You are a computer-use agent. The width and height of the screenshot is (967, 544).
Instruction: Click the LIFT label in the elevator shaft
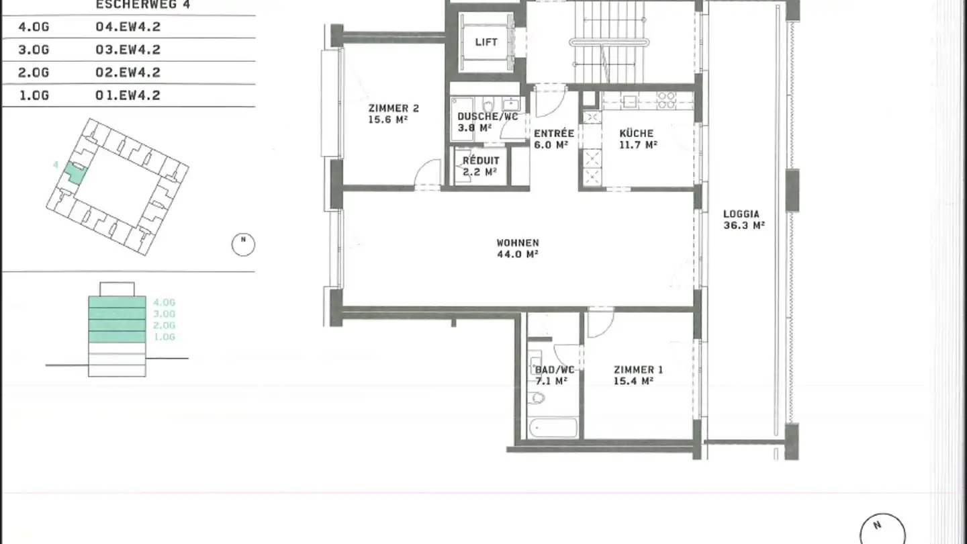pos(486,42)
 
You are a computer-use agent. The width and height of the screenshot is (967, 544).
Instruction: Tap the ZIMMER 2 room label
pos(394,108)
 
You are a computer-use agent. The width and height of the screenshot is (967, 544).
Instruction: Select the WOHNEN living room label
pos(517,242)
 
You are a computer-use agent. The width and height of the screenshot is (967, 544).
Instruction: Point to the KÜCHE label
pos(636,133)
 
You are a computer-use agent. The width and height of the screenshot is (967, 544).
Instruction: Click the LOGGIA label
pos(741,214)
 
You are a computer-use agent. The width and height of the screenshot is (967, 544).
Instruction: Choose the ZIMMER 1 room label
pos(638,369)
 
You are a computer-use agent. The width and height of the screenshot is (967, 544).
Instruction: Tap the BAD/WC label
pos(554,369)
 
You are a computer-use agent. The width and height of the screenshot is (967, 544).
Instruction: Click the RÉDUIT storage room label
pos(481,161)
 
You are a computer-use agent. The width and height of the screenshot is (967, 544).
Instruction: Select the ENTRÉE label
pos(553,133)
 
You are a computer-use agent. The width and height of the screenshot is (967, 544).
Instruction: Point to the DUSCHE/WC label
pos(488,116)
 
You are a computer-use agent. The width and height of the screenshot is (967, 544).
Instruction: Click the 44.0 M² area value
pos(517,254)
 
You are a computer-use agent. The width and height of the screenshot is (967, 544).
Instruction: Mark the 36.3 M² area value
pos(744,226)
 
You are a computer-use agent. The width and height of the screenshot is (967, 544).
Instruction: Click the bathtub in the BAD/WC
pos(552,428)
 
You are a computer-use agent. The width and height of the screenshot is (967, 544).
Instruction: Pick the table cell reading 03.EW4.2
pos(128,50)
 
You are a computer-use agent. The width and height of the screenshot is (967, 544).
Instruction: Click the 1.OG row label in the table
pos(34,95)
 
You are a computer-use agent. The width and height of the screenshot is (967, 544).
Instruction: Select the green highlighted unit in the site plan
pos(75,173)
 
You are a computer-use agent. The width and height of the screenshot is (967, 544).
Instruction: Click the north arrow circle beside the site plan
pos(243,244)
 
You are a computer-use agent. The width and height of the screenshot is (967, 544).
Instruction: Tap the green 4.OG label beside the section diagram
pos(164,302)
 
